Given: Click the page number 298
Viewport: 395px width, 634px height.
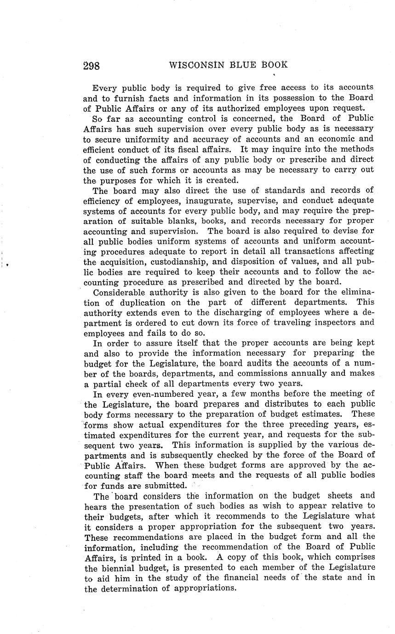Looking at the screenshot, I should click(92, 66).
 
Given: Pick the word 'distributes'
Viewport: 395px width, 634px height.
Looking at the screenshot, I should click(248, 404).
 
